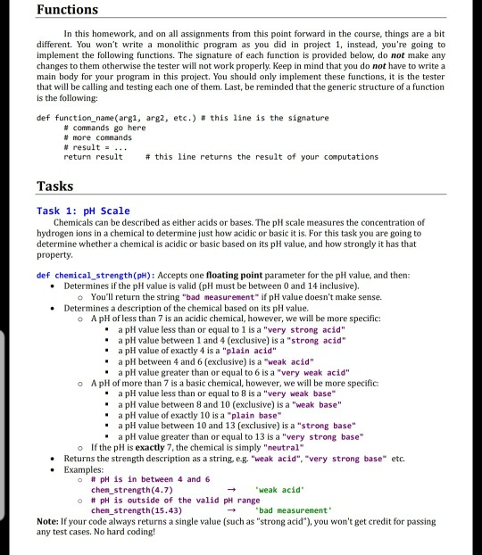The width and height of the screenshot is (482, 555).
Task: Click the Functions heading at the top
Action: pyautogui.click(x=68, y=11)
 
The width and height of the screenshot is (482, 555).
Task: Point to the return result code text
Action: pyautogui.click(x=93, y=156)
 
